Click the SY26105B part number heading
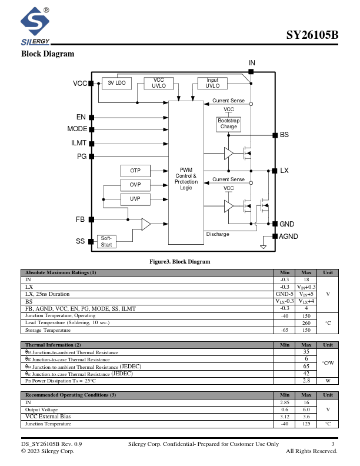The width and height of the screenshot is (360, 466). click(312, 35)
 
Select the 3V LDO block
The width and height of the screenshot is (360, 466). click(116, 83)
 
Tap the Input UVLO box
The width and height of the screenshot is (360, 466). click(212, 83)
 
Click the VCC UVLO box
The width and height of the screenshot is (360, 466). click(159, 83)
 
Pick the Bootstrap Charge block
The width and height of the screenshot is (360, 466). click(229, 124)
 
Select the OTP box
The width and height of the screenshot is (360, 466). click(135, 171)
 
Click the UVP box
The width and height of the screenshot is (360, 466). click(135, 199)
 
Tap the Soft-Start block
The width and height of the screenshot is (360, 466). click(106, 241)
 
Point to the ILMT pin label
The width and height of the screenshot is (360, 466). click(79, 143)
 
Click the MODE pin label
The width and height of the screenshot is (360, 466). click(77, 129)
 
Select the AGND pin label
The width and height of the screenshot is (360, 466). click(288, 237)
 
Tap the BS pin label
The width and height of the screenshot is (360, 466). click(284, 135)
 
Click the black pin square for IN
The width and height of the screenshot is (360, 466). click(251, 72)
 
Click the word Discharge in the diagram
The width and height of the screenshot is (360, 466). click(218, 234)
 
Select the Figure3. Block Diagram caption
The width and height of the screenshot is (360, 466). click(179, 262)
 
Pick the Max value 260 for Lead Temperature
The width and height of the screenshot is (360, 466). click(306, 323)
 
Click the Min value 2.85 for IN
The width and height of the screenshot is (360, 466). click(285, 402)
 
